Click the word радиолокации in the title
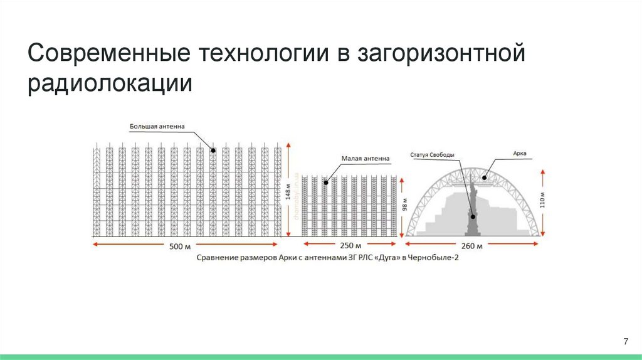(109, 84)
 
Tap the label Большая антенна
(157, 126)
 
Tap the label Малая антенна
(366, 159)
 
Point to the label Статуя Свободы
(433, 154)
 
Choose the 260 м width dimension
(472, 246)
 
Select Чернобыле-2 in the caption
(436, 258)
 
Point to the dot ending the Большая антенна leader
(213, 150)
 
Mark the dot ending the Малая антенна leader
(326, 183)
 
